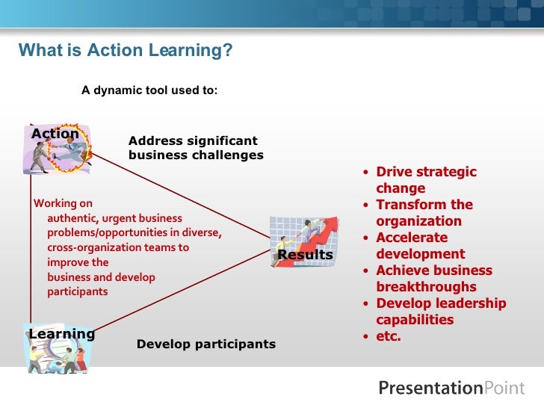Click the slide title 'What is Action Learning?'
(x=126, y=50)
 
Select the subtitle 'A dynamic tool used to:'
(x=149, y=90)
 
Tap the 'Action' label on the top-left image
(x=55, y=134)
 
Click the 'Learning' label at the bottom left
(x=62, y=334)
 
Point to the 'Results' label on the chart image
(x=305, y=255)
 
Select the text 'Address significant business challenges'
(x=196, y=148)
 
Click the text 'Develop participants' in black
(x=206, y=344)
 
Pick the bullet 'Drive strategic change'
(x=426, y=180)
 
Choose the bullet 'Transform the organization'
(x=424, y=213)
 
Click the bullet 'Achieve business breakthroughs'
(x=433, y=279)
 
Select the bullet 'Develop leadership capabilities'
(x=441, y=312)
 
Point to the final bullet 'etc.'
(x=389, y=336)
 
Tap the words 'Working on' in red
(x=64, y=203)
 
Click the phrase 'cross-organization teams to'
(x=118, y=247)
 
